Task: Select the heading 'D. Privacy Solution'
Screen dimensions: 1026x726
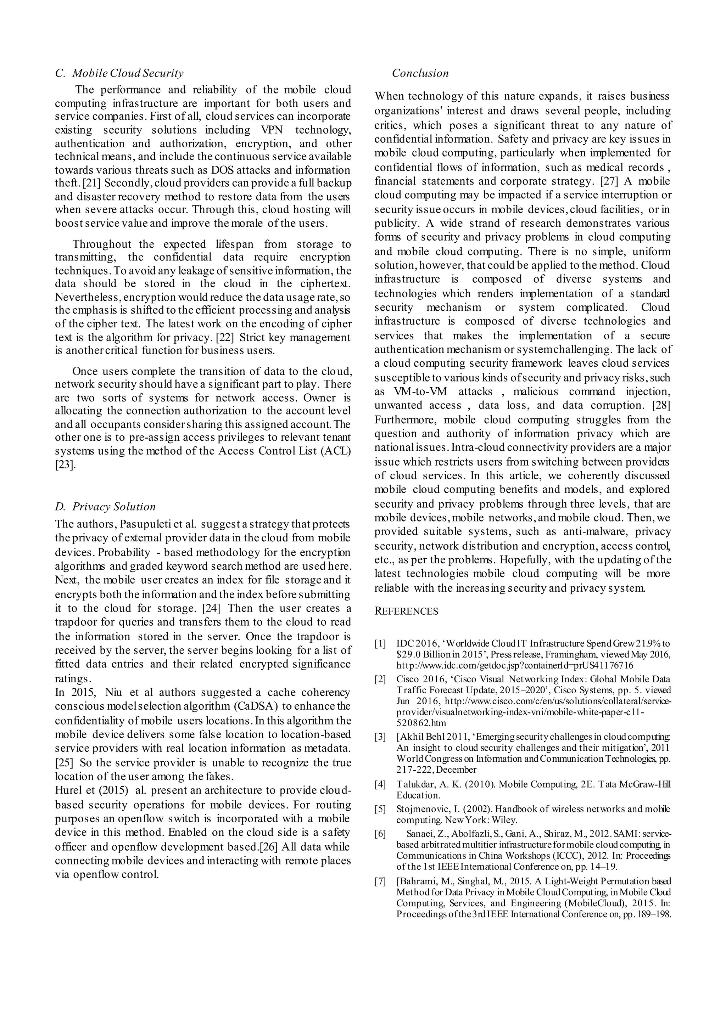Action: [106, 506]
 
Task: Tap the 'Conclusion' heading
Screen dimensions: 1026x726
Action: [420, 73]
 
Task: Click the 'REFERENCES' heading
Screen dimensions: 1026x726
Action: [406, 611]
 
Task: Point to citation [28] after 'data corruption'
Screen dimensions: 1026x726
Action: [661, 405]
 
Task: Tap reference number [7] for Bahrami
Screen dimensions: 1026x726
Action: [380, 881]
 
